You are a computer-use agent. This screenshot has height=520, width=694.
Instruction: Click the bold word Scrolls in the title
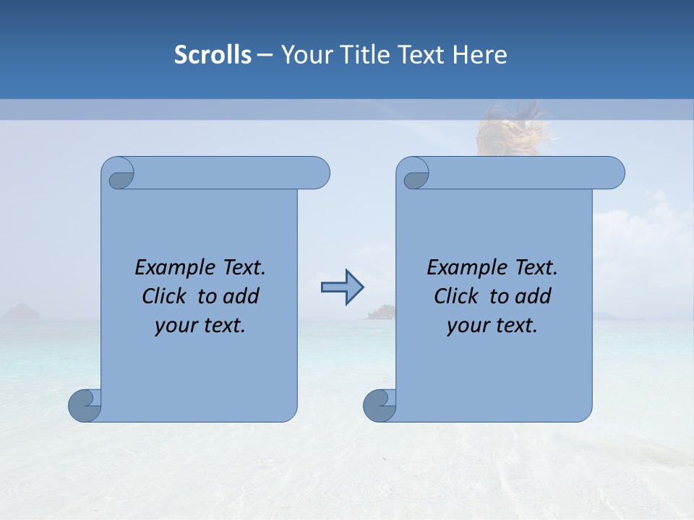(213, 55)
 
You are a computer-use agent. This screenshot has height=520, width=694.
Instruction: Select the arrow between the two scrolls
(342, 287)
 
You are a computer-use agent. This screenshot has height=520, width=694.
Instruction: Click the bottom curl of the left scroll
(85, 405)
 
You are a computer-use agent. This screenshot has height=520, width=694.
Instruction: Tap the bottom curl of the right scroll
(380, 405)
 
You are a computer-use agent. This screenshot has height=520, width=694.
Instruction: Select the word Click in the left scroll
(166, 297)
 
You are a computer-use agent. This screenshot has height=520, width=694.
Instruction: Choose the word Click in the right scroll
(456, 297)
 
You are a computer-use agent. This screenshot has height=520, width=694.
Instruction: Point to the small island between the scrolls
(381, 312)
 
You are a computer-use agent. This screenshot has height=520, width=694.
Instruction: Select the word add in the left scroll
(241, 297)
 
